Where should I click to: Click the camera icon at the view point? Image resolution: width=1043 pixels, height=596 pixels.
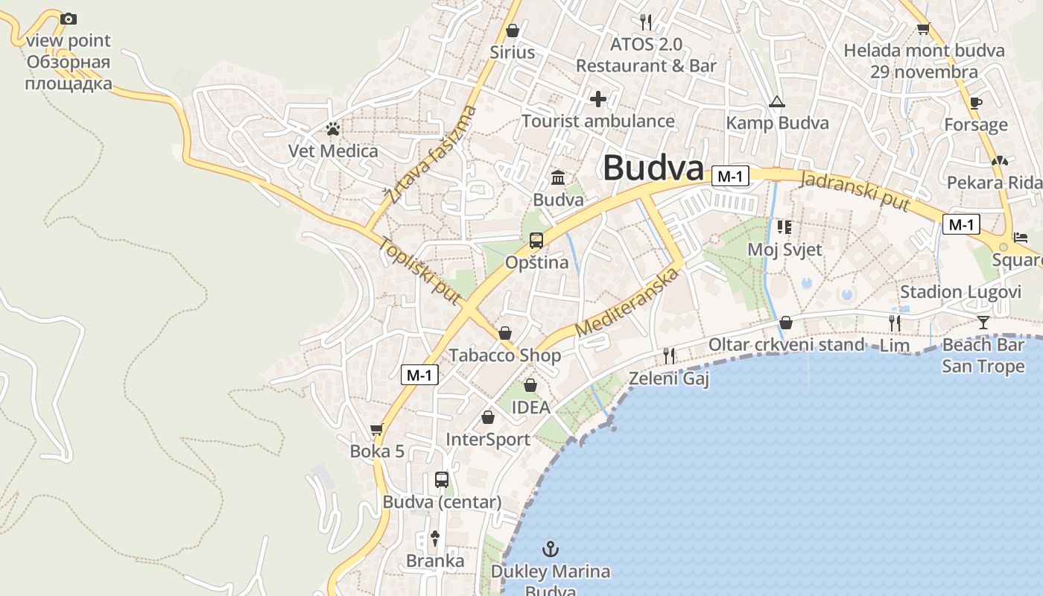(x=68, y=19)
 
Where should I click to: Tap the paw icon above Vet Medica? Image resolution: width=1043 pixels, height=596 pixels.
(x=332, y=129)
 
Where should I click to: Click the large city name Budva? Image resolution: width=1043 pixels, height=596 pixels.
(x=653, y=168)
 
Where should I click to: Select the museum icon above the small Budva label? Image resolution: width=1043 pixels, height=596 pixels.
(x=558, y=177)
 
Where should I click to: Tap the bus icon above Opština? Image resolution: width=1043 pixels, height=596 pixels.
(x=536, y=240)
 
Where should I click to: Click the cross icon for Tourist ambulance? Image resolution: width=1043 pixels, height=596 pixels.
(x=597, y=98)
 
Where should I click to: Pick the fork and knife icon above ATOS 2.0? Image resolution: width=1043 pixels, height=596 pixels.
(x=646, y=22)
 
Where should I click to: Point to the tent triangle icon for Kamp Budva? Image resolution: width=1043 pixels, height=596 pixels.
(x=777, y=101)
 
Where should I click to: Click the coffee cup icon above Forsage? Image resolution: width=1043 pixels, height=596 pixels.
(x=976, y=103)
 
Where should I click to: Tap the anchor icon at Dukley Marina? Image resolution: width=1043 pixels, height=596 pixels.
(x=550, y=550)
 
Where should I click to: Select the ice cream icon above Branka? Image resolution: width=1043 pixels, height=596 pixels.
(x=435, y=538)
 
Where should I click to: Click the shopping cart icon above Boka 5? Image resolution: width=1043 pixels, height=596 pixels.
(x=376, y=429)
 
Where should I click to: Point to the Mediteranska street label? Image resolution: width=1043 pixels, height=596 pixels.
(x=628, y=302)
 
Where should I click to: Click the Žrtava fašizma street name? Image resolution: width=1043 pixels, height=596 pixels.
(x=431, y=155)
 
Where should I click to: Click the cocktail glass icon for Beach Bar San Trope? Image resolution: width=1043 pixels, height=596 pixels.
(x=983, y=322)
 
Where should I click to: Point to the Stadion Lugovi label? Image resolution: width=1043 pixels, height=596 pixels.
(x=960, y=291)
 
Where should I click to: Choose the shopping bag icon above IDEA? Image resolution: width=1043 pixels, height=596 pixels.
(x=530, y=385)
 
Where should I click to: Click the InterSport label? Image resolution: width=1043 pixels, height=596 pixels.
(x=488, y=440)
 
